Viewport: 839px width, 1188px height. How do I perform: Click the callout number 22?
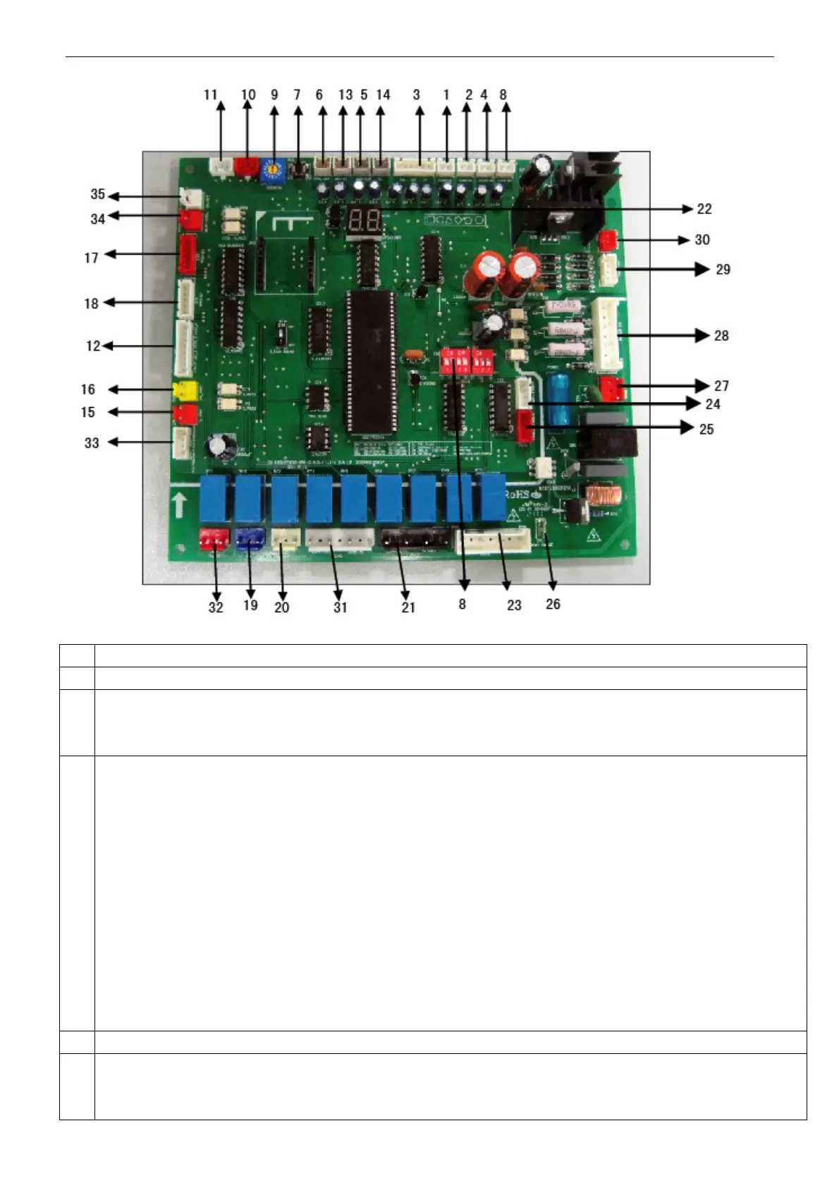pyautogui.click(x=704, y=209)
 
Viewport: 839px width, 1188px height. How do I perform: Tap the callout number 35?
pyautogui.click(x=97, y=194)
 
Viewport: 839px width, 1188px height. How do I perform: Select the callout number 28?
pyautogui.click(x=721, y=336)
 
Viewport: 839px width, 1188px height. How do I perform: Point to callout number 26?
pyautogui.click(x=553, y=605)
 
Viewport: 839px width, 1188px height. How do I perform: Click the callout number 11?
pyautogui.click(x=211, y=95)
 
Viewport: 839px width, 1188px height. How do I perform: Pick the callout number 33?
pyautogui.click(x=92, y=443)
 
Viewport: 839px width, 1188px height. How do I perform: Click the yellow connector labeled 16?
pyautogui.click(x=184, y=389)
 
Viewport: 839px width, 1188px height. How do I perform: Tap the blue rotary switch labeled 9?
pyautogui.click(x=272, y=170)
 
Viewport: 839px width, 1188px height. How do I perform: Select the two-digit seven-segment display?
pyautogui.click(x=365, y=221)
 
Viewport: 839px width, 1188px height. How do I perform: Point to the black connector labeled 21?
pyautogui.click(x=415, y=540)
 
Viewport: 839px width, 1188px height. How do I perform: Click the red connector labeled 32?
pyautogui.click(x=214, y=540)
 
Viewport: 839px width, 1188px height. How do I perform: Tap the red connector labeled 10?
pyautogui.click(x=246, y=167)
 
